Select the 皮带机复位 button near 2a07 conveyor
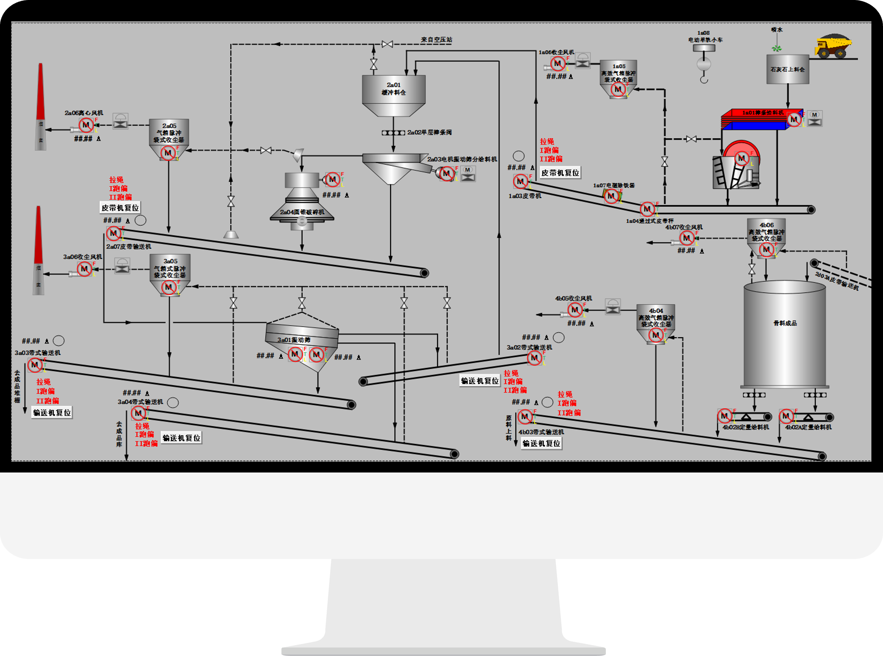[120, 208]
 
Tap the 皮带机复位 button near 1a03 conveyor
[560, 173]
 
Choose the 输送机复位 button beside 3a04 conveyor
[181, 438]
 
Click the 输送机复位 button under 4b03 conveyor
[541, 443]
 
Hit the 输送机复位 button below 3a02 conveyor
[479, 381]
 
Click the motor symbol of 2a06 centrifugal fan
[85, 125]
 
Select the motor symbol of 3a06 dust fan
[84, 269]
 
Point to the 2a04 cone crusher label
[302, 212]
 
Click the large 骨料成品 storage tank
[785, 333]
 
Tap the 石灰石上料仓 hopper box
[788, 70]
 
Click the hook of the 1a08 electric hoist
[704, 80]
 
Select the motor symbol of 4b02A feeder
[786, 416]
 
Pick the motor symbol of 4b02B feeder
[724, 416]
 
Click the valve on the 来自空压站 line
[387, 44]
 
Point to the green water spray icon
[777, 48]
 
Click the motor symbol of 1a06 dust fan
[557, 63]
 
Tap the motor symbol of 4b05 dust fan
[574, 310]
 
